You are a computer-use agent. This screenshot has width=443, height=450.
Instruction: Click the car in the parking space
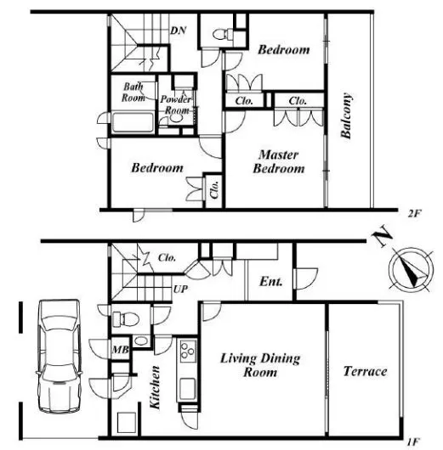point(60,356)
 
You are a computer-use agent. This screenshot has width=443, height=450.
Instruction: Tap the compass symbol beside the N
point(411,269)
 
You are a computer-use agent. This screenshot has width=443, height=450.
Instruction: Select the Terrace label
point(365,371)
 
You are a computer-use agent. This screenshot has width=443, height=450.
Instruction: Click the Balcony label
point(346,115)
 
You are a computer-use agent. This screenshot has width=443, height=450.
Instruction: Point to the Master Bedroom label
point(279,161)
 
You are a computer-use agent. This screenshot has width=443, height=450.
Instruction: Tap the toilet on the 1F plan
point(126,319)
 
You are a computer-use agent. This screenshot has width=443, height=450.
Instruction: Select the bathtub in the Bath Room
point(133,122)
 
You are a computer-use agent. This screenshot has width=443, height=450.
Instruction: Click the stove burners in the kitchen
point(188,351)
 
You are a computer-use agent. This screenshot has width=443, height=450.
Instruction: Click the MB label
point(121,349)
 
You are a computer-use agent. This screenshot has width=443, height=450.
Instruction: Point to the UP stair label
point(180,289)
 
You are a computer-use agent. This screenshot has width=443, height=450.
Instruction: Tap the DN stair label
point(179,31)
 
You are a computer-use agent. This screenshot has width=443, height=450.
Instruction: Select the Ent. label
point(270,282)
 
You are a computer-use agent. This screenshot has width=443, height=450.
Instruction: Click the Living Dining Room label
point(260,365)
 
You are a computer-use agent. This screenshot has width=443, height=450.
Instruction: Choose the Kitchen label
point(155,387)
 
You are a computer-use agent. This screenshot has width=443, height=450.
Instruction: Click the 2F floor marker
point(414,213)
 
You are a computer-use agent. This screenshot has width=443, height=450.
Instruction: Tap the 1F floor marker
point(413,442)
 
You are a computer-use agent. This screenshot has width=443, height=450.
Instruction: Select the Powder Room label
point(176,104)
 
